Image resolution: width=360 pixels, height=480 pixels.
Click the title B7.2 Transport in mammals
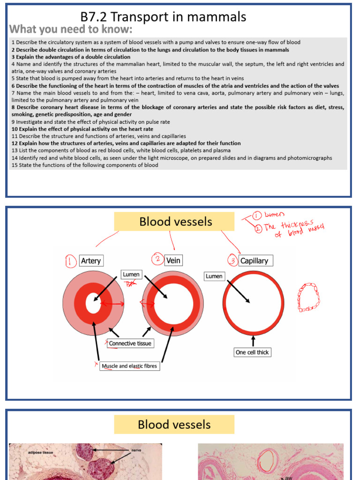pyautogui.click(x=163, y=17)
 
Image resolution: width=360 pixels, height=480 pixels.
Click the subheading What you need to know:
pyautogui.click(x=71, y=30)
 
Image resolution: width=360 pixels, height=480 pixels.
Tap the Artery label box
pyautogui.click(x=90, y=261)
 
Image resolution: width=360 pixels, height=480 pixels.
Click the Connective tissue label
pyautogui.click(x=130, y=344)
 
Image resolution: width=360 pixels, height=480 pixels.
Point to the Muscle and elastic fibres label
pyautogui.click(x=129, y=366)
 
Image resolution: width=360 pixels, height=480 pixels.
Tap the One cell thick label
pyautogui.click(x=252, y=352)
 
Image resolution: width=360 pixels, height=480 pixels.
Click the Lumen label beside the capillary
pyautogui.click(x=214, y=276)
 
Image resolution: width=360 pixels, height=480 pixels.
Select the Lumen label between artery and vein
pyautogui.click(x=131, y=274)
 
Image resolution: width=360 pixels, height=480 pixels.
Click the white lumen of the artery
pyautogui.click(x=93, y=304)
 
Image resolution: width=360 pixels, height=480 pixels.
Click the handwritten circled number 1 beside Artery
pyautogui.click(x=70, y=261)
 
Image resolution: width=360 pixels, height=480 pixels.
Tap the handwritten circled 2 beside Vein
pyautogui.click(x=157, y=259)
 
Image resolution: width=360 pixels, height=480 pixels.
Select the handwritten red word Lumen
pyautogui.click(x=274, y=214)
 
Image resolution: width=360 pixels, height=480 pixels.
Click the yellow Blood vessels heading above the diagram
pyautogui.click(x=174, y=222)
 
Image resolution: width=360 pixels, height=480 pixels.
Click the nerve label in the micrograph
pyautogui.click(x=136, y=450)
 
